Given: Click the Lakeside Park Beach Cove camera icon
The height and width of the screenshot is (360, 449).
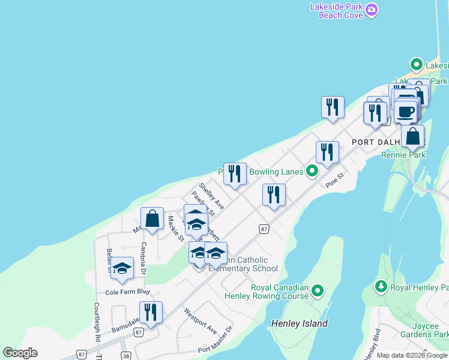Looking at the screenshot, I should tap(372, 9).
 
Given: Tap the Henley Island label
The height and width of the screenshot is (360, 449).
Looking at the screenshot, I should tap(300, 323).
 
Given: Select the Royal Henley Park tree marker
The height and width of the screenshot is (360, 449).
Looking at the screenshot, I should tap(380, 287).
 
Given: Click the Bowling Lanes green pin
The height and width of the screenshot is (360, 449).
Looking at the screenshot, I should tap(312, 172).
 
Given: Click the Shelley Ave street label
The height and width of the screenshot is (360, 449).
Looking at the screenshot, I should tap(211, 196).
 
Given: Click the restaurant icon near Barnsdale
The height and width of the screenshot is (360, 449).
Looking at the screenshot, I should tap(151, 313).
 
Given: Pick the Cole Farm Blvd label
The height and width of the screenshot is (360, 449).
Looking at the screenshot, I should tap(127, 292).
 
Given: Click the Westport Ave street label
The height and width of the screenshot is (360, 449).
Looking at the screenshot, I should tap(200, 322).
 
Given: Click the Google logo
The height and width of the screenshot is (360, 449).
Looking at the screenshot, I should tap(20, 353).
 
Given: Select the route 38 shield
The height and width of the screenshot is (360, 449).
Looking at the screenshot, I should tap(125, 355).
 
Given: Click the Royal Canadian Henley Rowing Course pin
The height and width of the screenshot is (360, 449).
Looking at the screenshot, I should tap(318, 292).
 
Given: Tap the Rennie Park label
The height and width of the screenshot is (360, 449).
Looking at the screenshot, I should tap(403, 155).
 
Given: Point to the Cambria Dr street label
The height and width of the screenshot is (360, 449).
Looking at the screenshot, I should tap(143, 259).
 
